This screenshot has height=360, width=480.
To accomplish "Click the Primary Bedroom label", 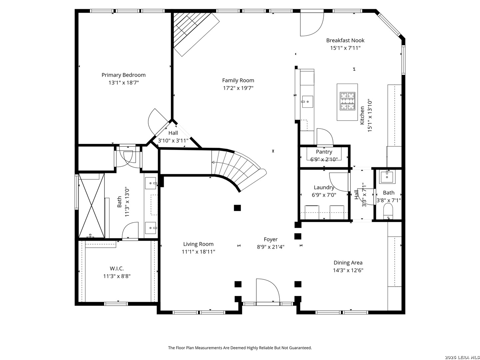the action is (x=123, y=75).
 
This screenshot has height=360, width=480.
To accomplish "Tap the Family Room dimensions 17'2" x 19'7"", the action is (x=238, y=88).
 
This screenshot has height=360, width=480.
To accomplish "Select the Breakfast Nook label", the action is (x=345, y=40).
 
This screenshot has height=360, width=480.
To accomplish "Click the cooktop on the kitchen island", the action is (x=347, y=101).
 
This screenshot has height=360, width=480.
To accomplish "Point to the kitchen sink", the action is (x=307, y=102).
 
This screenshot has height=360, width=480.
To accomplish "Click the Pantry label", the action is (x=324, y=152).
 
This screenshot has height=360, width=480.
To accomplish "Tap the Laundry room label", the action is (x=324, y=187).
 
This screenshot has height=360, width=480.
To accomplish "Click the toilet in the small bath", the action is (x=388, y=211).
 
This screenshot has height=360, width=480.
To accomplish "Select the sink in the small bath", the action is (x=387, y=177).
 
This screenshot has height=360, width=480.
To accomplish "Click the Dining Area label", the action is (x=348, y=263).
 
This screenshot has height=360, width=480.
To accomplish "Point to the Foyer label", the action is (x=270, y=239).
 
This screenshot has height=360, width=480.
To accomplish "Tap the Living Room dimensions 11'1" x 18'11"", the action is (x=198, y=252).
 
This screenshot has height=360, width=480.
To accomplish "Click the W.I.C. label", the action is (x=117, y=268).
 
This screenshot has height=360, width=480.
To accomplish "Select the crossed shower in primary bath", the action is (x=91, y=205).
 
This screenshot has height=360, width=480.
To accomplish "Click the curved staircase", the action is (x=238, y=170).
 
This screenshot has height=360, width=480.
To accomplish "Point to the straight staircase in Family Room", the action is (x=195, y=33).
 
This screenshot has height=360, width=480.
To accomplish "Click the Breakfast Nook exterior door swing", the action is (x=312, y=24).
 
